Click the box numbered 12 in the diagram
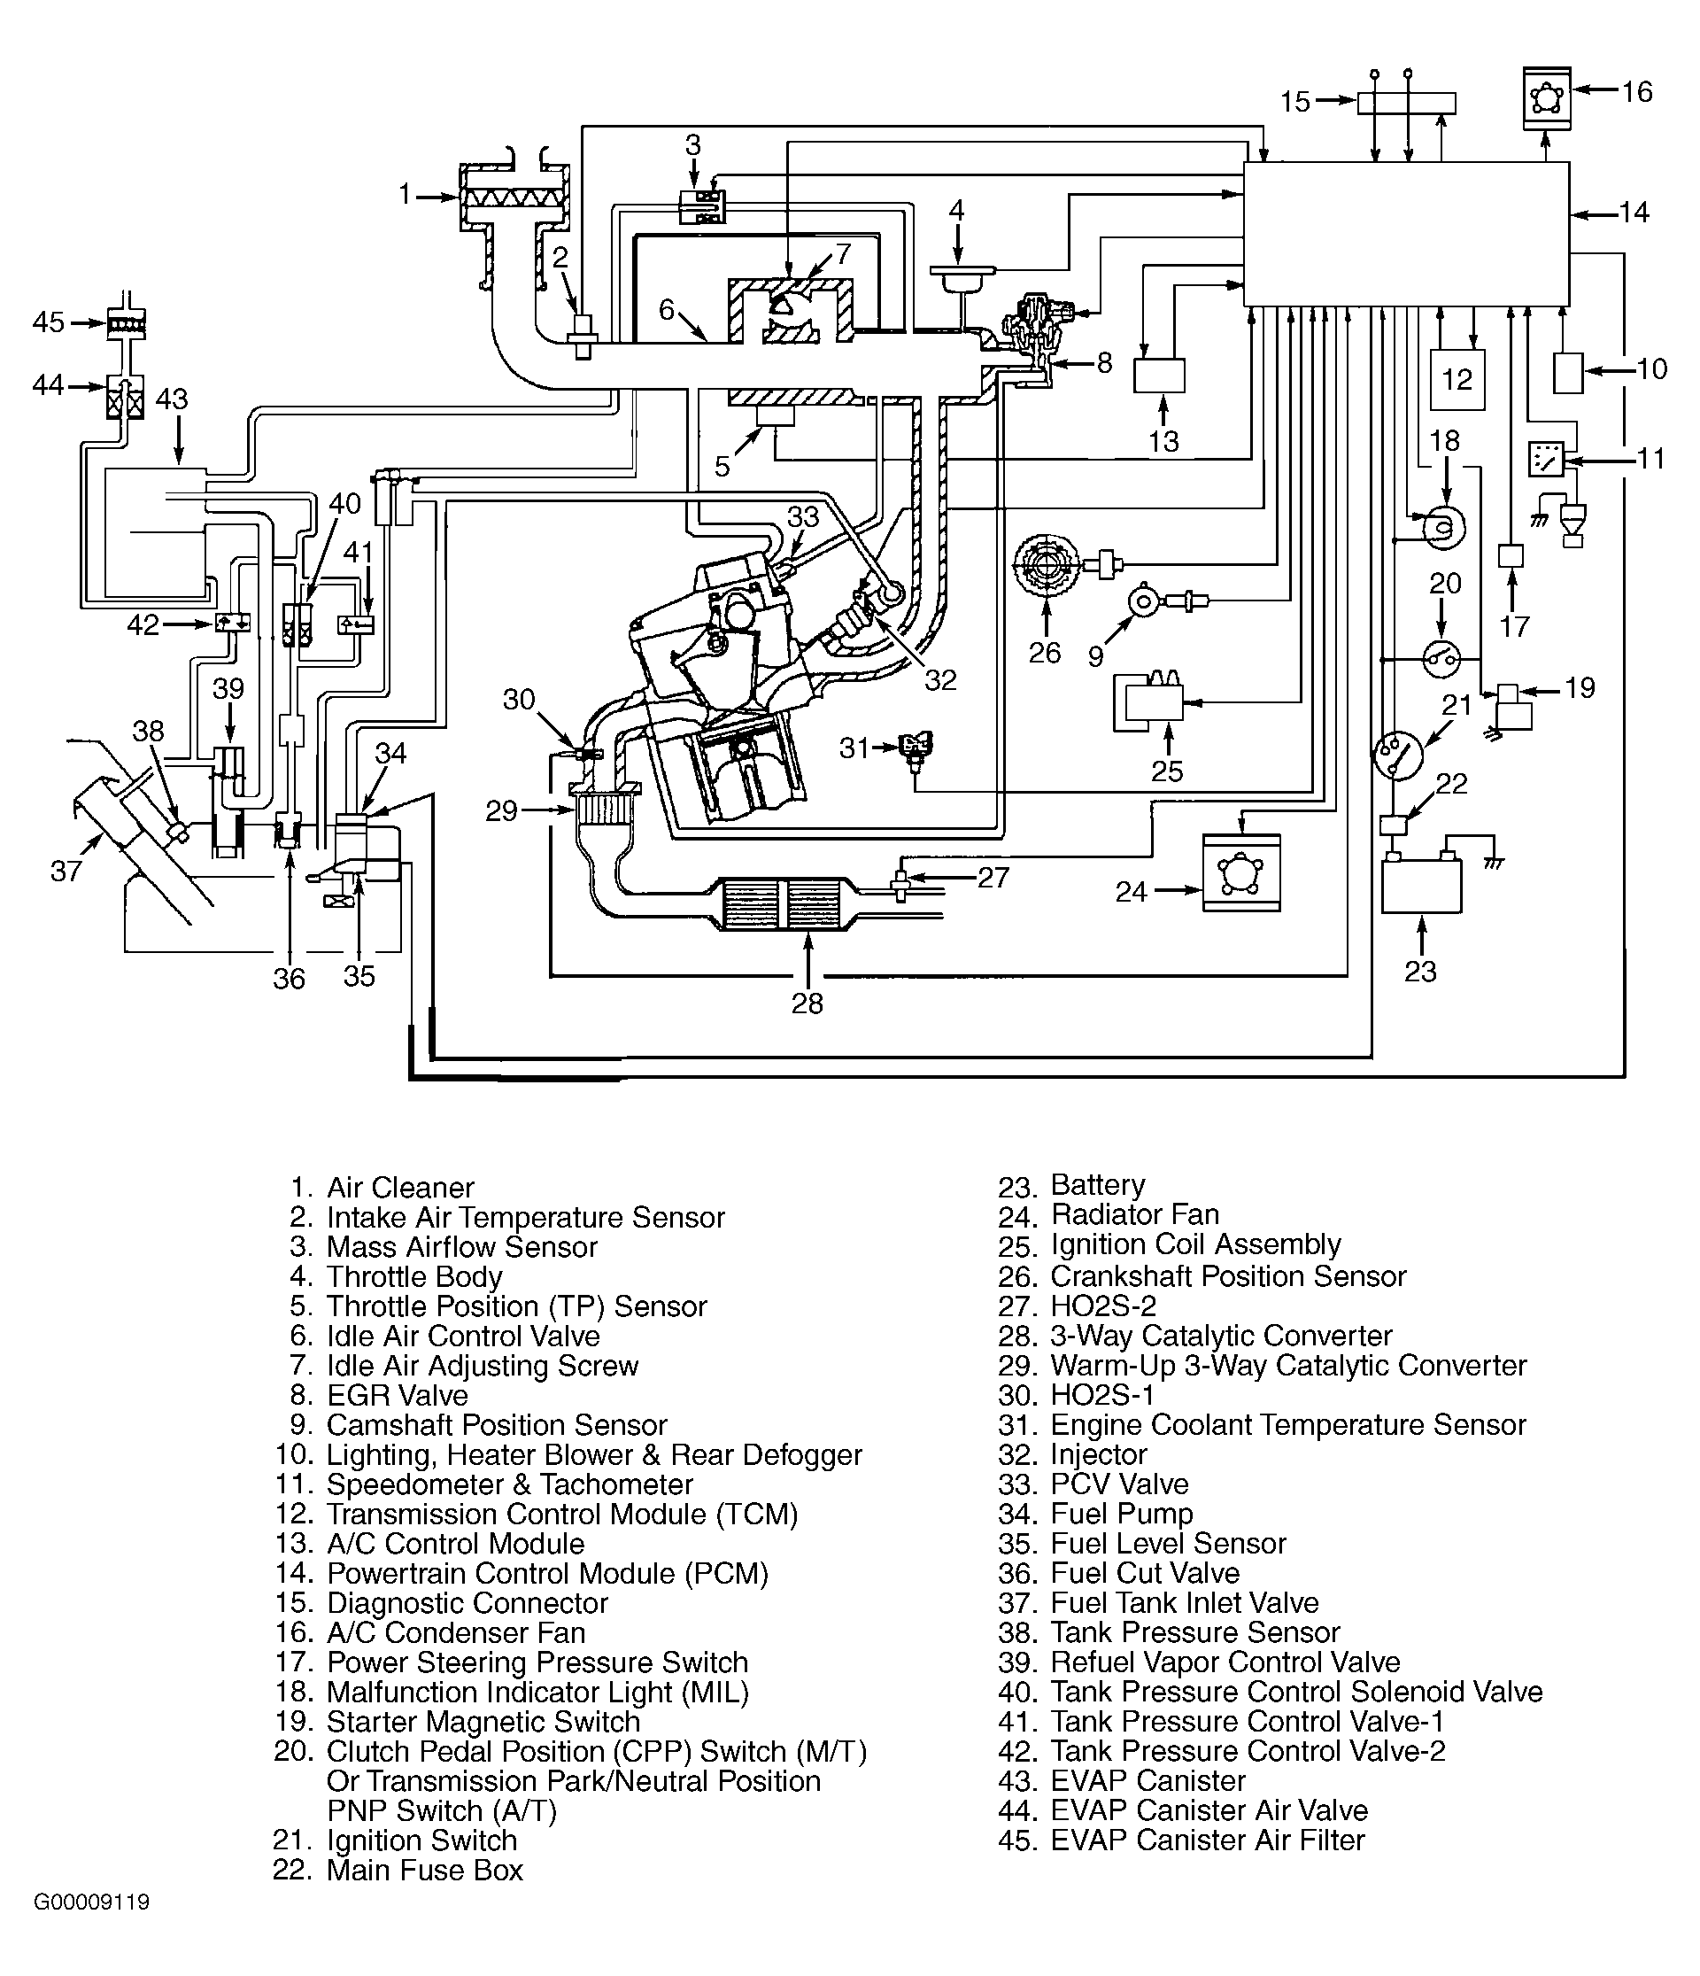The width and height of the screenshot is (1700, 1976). coord(1457,380)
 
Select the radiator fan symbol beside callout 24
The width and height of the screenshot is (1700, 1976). coord(1241,872)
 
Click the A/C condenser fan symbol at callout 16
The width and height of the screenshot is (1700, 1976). coord(1547,97)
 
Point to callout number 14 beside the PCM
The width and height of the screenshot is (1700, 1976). coord(1634,212)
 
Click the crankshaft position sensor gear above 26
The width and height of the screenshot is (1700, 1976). coord(1046,568)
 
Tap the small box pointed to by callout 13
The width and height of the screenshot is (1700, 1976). coord(1159,376)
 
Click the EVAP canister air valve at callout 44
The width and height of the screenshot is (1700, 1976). coord(126,398)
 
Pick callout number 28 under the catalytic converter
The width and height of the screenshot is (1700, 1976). coord(807,1003)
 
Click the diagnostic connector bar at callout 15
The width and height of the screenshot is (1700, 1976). coord(1406,103)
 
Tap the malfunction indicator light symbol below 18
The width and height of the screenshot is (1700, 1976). coord(1443,526)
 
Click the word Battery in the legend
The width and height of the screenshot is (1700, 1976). coord(1097,1185)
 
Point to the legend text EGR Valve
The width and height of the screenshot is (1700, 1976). coord(397,1395)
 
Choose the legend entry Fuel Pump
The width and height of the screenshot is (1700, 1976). coord(1121,1514)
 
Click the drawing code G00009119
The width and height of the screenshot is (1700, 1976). coord(91,1902)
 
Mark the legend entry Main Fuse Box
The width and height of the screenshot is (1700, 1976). coord(424,1870)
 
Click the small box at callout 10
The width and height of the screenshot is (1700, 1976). coord(1568,373)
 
